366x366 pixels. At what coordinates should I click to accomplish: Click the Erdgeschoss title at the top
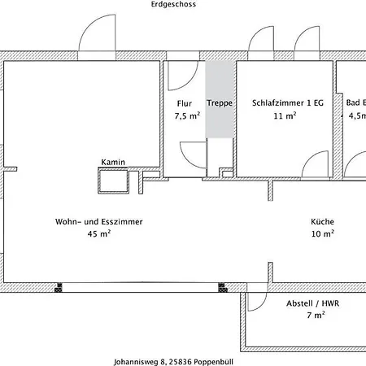173,4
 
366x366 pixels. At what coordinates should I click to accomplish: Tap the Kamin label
113,162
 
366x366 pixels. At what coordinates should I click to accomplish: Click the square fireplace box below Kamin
113,181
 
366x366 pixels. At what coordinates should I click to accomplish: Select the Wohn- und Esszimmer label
99,221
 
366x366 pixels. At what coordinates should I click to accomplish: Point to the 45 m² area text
99,233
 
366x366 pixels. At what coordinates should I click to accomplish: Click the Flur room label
185,103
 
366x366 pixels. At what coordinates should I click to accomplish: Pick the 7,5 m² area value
187,115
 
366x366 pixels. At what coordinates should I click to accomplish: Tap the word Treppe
220,103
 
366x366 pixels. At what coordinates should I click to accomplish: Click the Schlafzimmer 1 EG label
288,102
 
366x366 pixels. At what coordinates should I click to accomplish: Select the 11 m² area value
285,115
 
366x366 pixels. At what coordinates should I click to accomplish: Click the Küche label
322,221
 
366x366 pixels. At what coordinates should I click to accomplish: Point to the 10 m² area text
323,233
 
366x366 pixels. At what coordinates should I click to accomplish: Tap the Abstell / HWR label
313,303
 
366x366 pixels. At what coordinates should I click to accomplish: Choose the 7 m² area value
316,315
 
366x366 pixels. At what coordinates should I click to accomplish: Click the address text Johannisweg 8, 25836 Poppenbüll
173,362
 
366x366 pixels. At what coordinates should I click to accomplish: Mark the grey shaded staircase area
220,99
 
